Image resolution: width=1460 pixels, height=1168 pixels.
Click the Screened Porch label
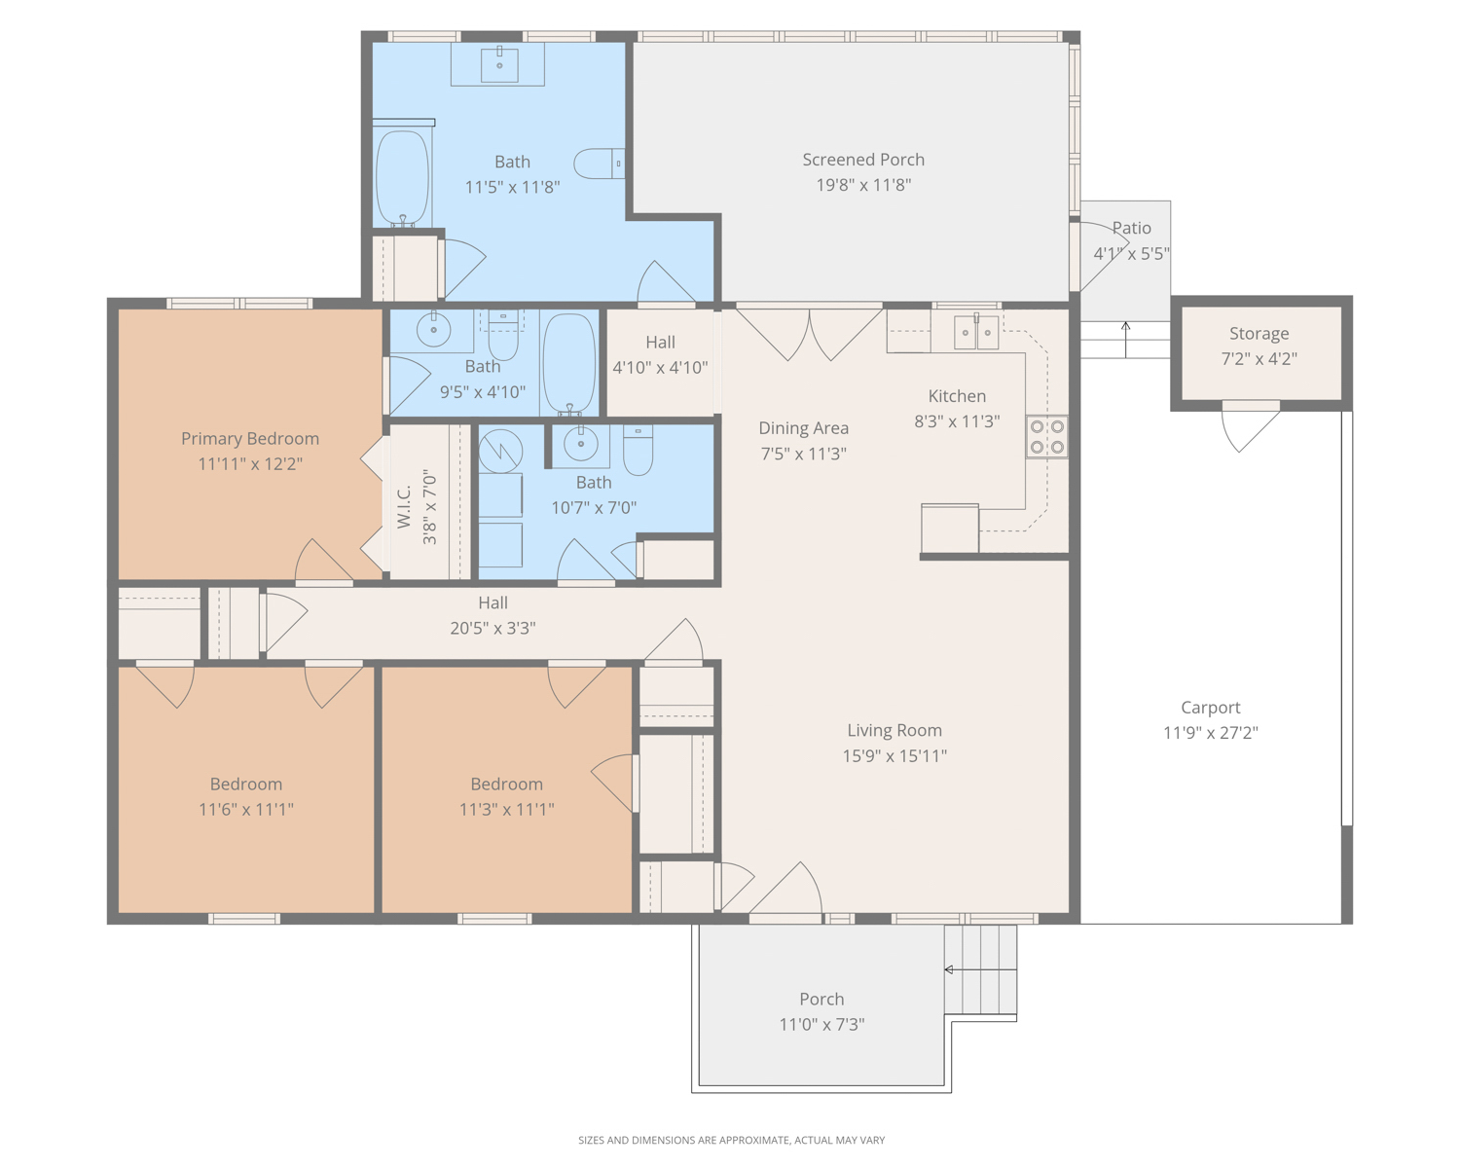[x=863, y=161]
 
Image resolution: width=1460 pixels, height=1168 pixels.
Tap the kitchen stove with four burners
[x=1047, y=437]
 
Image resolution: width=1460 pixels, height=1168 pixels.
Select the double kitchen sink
[x=976, y=333]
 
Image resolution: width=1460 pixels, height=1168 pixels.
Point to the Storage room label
[x=1259, y=334]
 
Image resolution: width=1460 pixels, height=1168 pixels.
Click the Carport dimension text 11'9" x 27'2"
[x=1210, y=733]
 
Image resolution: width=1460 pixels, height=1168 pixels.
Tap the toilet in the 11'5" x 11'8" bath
[x=599, y=164]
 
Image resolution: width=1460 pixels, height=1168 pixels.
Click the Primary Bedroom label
[x=250, y=439]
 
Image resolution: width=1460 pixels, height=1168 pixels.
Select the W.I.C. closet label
[x=404, y=507]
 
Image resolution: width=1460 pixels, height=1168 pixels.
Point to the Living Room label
[x=894, y=730]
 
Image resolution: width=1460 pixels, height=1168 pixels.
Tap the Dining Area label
[x=803, y=429]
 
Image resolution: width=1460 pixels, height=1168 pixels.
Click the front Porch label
[x=821, y=999]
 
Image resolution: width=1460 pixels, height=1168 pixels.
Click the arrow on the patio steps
[x=1125, y=340]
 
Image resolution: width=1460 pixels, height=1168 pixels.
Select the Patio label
[x=1132, y=228]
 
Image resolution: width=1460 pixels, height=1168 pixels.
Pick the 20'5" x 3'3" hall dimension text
[x=493, y=629]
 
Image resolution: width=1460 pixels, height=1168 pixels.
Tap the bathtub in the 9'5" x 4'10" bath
[x=569, y=364]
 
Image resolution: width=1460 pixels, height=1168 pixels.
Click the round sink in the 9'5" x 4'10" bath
[x=433, y=330]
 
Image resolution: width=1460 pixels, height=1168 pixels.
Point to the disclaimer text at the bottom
[x=731, y=1140]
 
